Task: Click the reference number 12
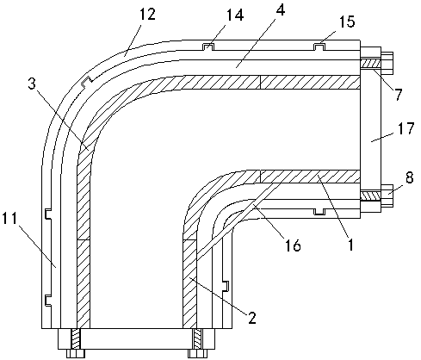[147, 14]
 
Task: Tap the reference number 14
[235, 15]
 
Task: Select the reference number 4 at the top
[280, 9]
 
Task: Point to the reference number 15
[347, 21]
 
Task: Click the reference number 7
[398, 95]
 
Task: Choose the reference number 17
[406, 128]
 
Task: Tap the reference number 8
[409, 177]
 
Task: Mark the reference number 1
[350, 245]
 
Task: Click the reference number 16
[293, 245]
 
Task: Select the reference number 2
[252, 318]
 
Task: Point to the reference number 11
[9, 219]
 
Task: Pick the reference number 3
[32, 84]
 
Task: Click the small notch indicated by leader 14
[207, 47]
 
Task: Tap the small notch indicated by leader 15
[319, 47]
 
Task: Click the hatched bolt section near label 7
[370, 63]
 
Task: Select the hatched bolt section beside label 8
[370, 196]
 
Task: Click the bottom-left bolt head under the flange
[75, 353]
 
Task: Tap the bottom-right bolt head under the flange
[198, 353]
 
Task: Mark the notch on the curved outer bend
[86, 82]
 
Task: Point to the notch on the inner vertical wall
[226, 286]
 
